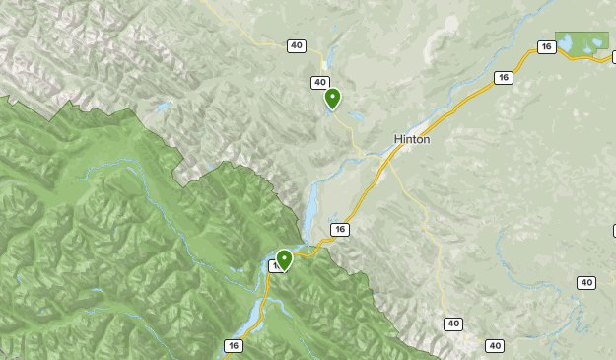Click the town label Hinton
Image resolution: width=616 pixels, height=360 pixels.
pos(412,139)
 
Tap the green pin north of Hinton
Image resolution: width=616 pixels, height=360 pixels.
pos(333,98)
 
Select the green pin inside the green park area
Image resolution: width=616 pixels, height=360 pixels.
pos(284,259)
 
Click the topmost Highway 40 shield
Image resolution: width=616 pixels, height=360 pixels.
pos(297,46)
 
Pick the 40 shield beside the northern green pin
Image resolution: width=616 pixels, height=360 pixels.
pos(319,83)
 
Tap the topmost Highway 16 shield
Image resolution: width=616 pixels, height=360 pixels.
pos(546,46)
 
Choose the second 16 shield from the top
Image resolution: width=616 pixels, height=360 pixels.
pos(503,78)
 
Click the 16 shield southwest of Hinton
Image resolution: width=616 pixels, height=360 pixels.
pos(339,229)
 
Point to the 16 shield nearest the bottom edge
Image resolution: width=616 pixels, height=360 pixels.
pos(233,345)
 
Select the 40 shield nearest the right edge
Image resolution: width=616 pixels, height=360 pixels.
pos(586,283)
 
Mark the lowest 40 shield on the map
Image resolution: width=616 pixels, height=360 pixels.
pos(495,345)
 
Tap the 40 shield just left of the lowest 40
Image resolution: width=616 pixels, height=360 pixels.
pos(453,324)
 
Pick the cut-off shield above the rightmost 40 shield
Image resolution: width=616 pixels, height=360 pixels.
pos(612,231)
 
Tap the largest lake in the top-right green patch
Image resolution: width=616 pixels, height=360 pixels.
pos(593,43)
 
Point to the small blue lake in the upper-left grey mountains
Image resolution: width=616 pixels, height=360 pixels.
pos(161,106)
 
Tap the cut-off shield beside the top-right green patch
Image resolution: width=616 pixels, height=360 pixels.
pos(612,57)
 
